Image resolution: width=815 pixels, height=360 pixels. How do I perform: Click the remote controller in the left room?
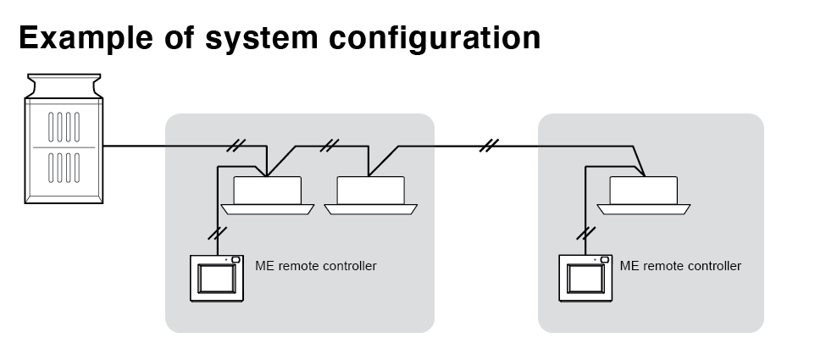click(217, 278)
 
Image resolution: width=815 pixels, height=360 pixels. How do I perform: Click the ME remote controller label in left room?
click(316, 266)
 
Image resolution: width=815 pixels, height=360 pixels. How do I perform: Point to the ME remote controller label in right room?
click(680, 266)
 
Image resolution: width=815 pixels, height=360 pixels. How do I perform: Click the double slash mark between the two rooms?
click(486, 146)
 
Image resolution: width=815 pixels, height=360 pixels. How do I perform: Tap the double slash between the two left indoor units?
click(330, 146)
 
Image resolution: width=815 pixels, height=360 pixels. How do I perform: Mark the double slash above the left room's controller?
click(219, 232)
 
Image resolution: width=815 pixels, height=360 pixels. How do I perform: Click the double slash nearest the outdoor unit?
click(238, 146)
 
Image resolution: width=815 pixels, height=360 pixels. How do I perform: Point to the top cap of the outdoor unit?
click(64, 86)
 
